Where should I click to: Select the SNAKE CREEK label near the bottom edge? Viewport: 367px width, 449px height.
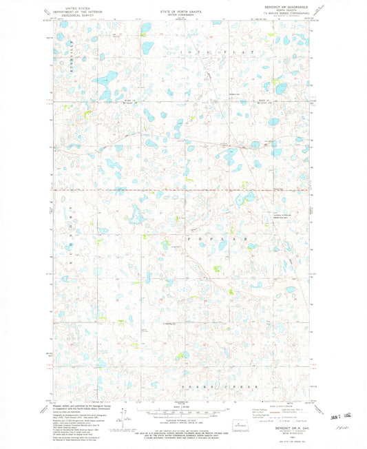pos(232,386)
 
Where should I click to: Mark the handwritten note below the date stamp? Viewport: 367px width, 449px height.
pos(335,427)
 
